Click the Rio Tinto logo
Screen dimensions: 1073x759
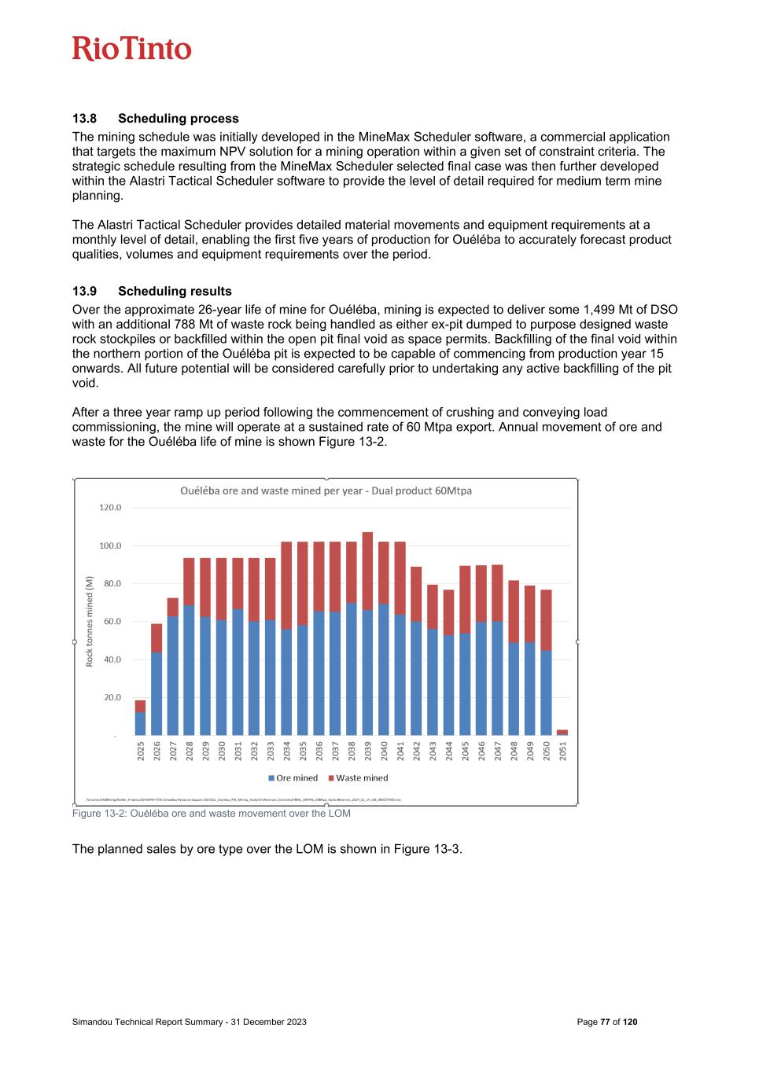click(x=132, y=49)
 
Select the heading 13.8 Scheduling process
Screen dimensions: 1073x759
click(x=156, y=119)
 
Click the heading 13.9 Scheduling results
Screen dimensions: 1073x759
click(x=152, y=292)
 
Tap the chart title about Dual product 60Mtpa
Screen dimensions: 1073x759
click(x=326, y=491)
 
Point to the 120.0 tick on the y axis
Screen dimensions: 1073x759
click(x=110, y=508)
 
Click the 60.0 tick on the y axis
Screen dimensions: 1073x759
click(x=110, y=622)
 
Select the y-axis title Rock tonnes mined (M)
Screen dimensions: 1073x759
click(x=90, y=621)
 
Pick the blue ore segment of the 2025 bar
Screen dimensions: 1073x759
click(x=140, y=724)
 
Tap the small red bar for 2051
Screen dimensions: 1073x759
click(x=562, y=732)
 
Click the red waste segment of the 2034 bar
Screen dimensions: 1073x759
click(x=286, y=585)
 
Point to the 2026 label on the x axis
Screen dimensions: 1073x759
click(x=157, y=751)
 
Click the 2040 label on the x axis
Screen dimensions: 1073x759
click(x=384, y=751)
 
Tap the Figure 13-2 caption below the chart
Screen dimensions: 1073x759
click(x=211, y=814)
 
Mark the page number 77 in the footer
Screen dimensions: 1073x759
click(x=605, y=1022)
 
